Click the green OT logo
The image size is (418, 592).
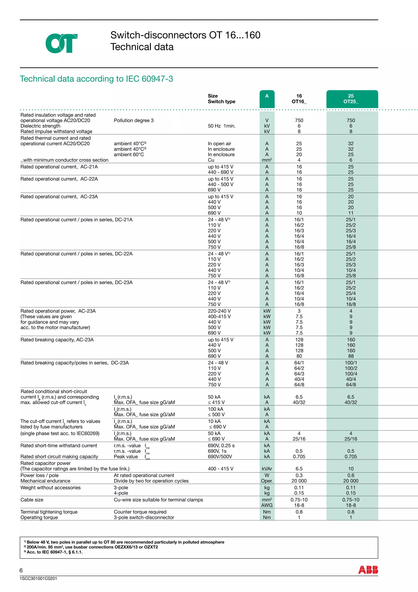pos(61,43)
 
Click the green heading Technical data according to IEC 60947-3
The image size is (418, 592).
pos(96,79)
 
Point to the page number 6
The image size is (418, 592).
pos(21,570)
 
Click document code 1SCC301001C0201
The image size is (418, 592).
pos(38,578)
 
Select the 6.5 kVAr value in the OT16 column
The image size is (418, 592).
pos(299,469)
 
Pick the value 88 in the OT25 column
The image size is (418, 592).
pos(351,356)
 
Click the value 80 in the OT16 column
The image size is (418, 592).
pos(299,356)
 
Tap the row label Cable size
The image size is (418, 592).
pos(32,500)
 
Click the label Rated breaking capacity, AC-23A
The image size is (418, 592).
pos(57,340)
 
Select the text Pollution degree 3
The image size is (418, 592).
pos(134,120)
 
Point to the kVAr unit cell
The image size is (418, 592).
pos(267,469)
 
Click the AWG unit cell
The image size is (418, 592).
pos(267,505)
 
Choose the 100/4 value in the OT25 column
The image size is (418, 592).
pos(351,374)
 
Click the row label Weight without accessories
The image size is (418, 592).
pos(50,488)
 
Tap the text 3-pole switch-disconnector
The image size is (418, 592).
pos(144,517)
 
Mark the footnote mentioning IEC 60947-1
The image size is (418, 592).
pos(54,552)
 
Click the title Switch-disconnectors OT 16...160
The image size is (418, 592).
pos(185,35)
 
